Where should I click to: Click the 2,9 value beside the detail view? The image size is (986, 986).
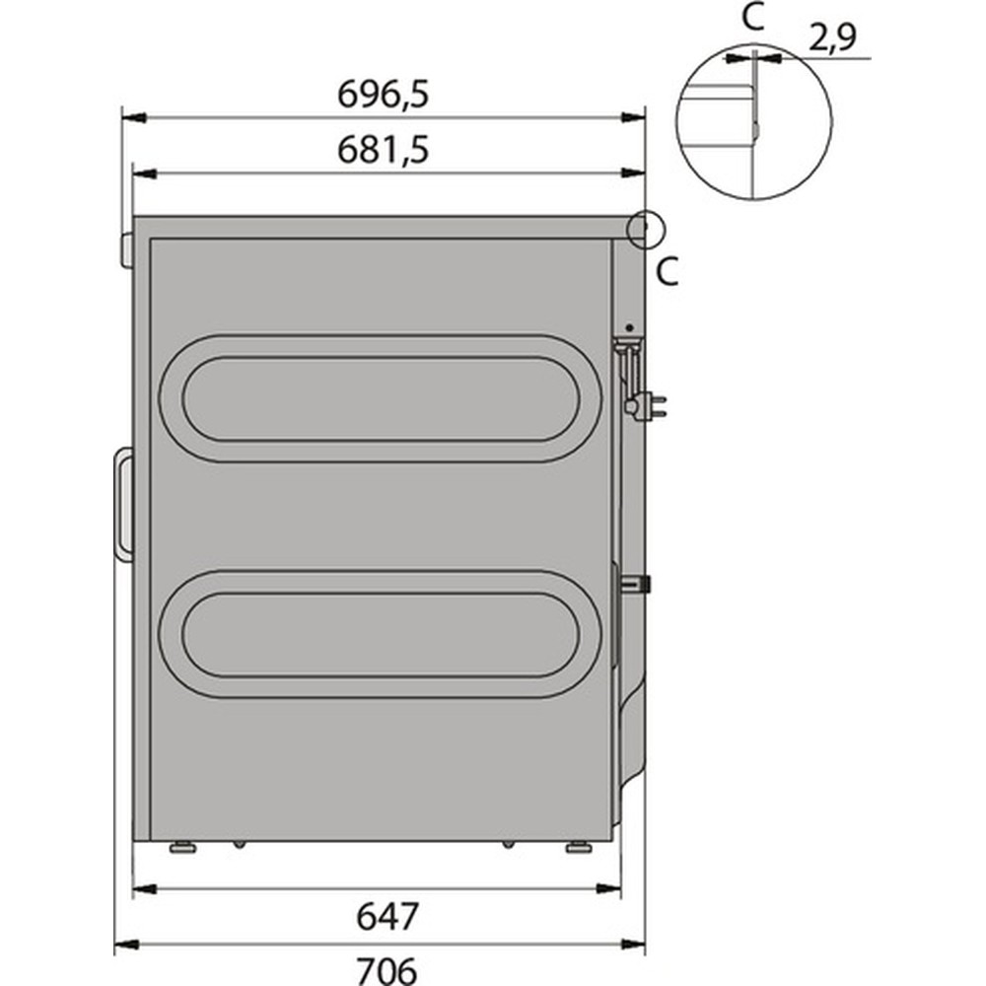[832, 38]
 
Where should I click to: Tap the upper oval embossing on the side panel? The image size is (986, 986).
[380, 398]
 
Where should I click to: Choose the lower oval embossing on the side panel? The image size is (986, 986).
[380, 634]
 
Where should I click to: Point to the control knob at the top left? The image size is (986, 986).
[126, 248]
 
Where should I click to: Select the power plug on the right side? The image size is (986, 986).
[651, 403]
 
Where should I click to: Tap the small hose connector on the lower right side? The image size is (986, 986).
[641, 584]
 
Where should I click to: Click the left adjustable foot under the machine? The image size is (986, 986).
[180, 847]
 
